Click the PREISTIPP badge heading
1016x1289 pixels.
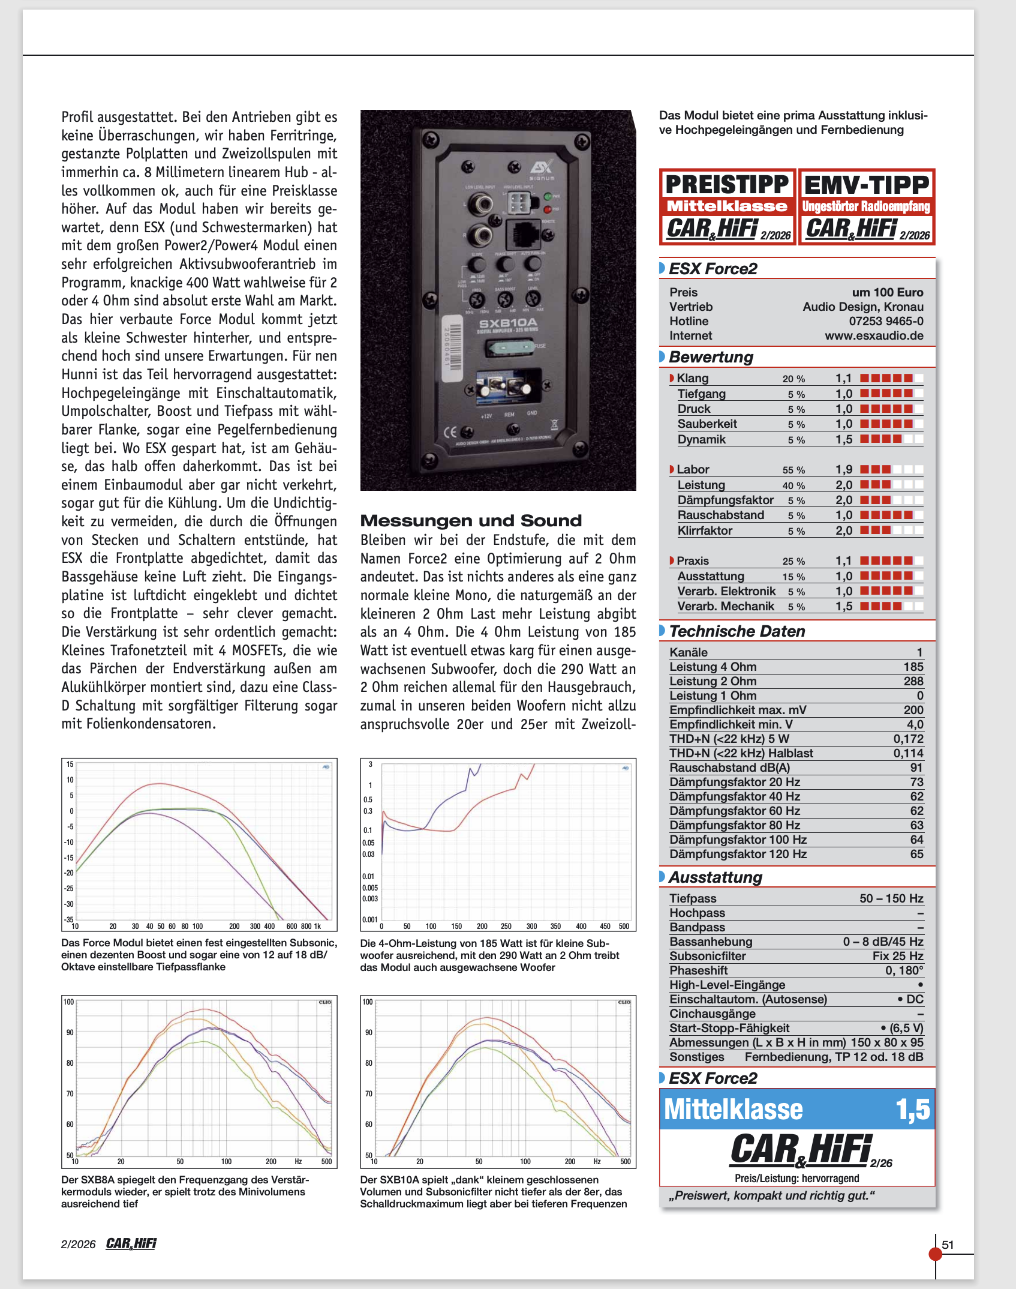[x=727, y=184]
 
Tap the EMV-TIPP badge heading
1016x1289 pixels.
[x=867, y=184]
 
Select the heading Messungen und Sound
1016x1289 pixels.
[x=471, y=520]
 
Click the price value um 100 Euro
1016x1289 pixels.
[x=887, y=292]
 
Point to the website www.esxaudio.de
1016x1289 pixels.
[x=874, y=335]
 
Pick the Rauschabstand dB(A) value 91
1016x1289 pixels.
[x=916, y=768]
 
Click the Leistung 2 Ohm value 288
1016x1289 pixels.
[x=913, y=681]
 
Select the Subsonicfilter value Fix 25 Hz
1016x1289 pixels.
[x=898, y=956]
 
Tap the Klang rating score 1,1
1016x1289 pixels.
[x=843, y=378]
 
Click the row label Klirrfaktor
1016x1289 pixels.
[x=705, y=530]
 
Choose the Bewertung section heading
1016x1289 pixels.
[x=711, y=357]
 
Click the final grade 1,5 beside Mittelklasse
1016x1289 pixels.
[x=912, y=1110]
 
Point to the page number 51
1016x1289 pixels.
[x=948, y=1245]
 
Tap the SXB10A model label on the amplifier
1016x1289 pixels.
[x=507, y=322]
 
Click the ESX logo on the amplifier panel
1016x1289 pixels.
[x=541, y=167]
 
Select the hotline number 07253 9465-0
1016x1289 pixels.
[x=886, y=321]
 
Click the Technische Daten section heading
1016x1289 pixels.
[x=737, y=631]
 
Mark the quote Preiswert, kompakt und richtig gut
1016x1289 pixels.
[x=771, y=1195]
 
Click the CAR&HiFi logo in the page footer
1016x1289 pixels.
[x=131, y=1243]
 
